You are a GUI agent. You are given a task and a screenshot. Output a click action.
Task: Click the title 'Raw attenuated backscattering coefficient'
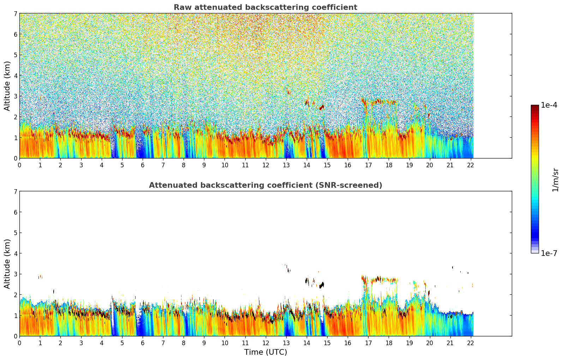point(265,7)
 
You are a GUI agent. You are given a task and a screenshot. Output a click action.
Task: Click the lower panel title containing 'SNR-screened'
point(265,185)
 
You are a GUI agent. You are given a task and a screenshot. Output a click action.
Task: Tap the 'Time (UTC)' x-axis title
point(265,352)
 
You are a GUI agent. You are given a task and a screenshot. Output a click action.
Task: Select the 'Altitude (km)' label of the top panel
point(7,86)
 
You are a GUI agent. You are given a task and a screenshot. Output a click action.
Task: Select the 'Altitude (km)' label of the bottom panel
point(7,264)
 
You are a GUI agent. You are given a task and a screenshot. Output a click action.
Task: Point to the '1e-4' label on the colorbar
point(549,105)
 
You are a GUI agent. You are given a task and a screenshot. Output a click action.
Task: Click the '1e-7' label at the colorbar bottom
point(549,253)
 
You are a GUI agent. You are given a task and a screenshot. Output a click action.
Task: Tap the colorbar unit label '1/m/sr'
point(555,180)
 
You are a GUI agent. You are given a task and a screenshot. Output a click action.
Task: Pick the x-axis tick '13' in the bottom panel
point(286,343)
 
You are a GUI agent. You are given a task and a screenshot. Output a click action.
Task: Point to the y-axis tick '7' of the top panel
point(15,14)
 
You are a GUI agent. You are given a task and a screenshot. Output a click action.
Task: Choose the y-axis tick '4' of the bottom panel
point(15,253)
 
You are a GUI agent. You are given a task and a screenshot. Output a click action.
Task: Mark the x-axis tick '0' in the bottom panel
point(19,343)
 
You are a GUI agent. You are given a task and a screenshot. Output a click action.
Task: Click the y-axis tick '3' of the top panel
point(15,96)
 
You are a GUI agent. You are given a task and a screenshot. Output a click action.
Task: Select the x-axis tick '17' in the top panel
point(368,165)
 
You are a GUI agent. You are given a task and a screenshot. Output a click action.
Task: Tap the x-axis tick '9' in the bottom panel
point(204,343)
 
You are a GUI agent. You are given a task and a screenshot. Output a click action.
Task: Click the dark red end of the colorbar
point(535,106)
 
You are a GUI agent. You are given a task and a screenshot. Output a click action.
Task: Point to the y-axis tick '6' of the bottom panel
point(15,212)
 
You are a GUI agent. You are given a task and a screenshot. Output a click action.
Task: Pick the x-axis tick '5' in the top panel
point(122,165)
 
